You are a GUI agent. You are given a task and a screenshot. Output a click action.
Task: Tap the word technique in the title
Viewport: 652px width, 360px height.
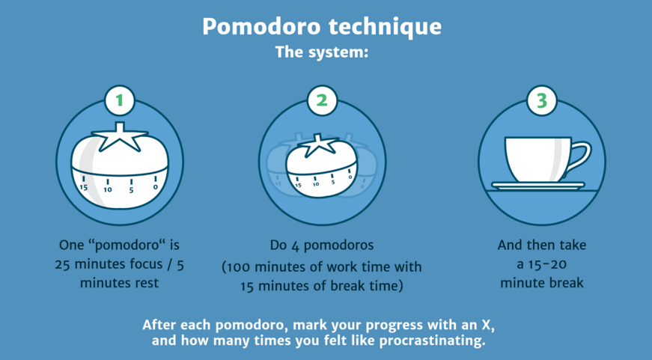(x=385, y=28)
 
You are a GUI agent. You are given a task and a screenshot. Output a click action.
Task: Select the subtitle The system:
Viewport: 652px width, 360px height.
(x=322, y=52)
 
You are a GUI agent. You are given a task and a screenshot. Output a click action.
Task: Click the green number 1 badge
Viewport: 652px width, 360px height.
(x=120, y=100)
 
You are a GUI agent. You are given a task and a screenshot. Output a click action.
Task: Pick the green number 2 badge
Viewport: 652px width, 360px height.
(x=322, y=100)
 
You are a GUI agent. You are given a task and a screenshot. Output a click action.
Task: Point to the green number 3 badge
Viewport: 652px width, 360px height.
(x=542, y=100)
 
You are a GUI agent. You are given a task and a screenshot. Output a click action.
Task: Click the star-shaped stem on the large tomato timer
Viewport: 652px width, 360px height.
(x=120, y=137)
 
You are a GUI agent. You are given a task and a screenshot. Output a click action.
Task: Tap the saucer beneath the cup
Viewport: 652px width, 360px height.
(x=538, y=186)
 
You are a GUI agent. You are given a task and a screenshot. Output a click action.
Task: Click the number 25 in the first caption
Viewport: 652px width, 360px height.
(x=62, y=264)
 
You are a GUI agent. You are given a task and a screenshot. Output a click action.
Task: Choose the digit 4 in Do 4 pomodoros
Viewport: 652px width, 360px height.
(x=295, y=246)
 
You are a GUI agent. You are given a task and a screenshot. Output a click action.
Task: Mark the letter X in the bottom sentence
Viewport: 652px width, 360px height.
(x=485, y=325)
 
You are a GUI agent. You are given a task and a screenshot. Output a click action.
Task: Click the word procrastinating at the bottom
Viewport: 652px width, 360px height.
(x=433, y=341)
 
